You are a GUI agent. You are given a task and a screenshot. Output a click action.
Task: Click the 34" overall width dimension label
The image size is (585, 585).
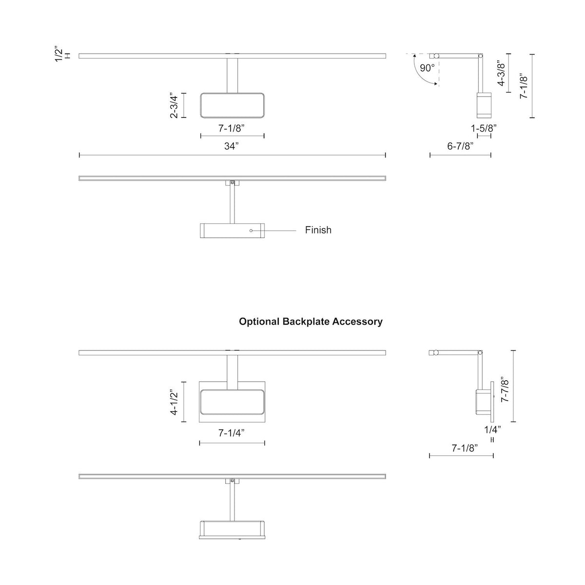click(x=232, y=146)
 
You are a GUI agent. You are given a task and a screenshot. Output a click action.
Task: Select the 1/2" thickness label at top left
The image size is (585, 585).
click(x=59, y=54)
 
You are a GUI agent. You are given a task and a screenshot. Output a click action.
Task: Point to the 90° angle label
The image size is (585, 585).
click(x=427, y=68)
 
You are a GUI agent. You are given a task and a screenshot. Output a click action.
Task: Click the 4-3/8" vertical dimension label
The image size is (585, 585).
click(x=501, y=73)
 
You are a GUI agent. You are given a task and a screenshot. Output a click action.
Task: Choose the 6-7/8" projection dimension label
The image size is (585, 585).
click(x=460, y=146)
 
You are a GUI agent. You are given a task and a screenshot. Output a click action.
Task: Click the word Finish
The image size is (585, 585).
click(x=318, y=230)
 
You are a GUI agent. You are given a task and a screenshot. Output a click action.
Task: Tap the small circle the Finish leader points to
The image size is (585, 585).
click(x=251, y=230)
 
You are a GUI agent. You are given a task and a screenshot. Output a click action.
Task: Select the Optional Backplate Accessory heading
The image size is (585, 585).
click(x=311, y=322)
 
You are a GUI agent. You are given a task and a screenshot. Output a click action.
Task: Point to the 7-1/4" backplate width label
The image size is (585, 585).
click(x=232, y=433)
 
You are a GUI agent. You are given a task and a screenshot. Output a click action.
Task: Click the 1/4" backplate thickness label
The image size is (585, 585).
click(x=492, y=429)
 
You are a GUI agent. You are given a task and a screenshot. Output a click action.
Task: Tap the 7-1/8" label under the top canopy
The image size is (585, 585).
click(x=232, y=129)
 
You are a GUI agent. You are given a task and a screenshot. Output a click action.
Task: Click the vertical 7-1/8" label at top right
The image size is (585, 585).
click(x=524, y=86)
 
